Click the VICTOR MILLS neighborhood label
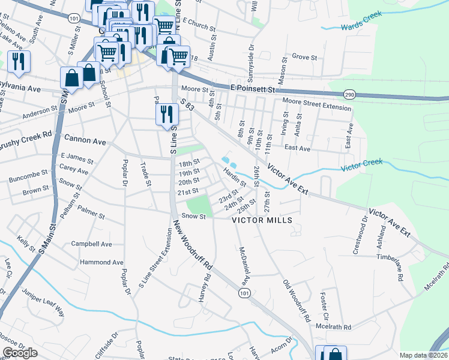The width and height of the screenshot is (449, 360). [x=262, y=220]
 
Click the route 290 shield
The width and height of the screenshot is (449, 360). [x=349, y=95]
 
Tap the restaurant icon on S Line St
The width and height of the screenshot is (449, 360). [x=166, y=115]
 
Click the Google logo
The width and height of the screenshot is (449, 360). [x=20, y=353]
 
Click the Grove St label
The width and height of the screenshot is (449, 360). [x=304, y=57]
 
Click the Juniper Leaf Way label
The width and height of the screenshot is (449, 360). [x=43, y=302]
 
